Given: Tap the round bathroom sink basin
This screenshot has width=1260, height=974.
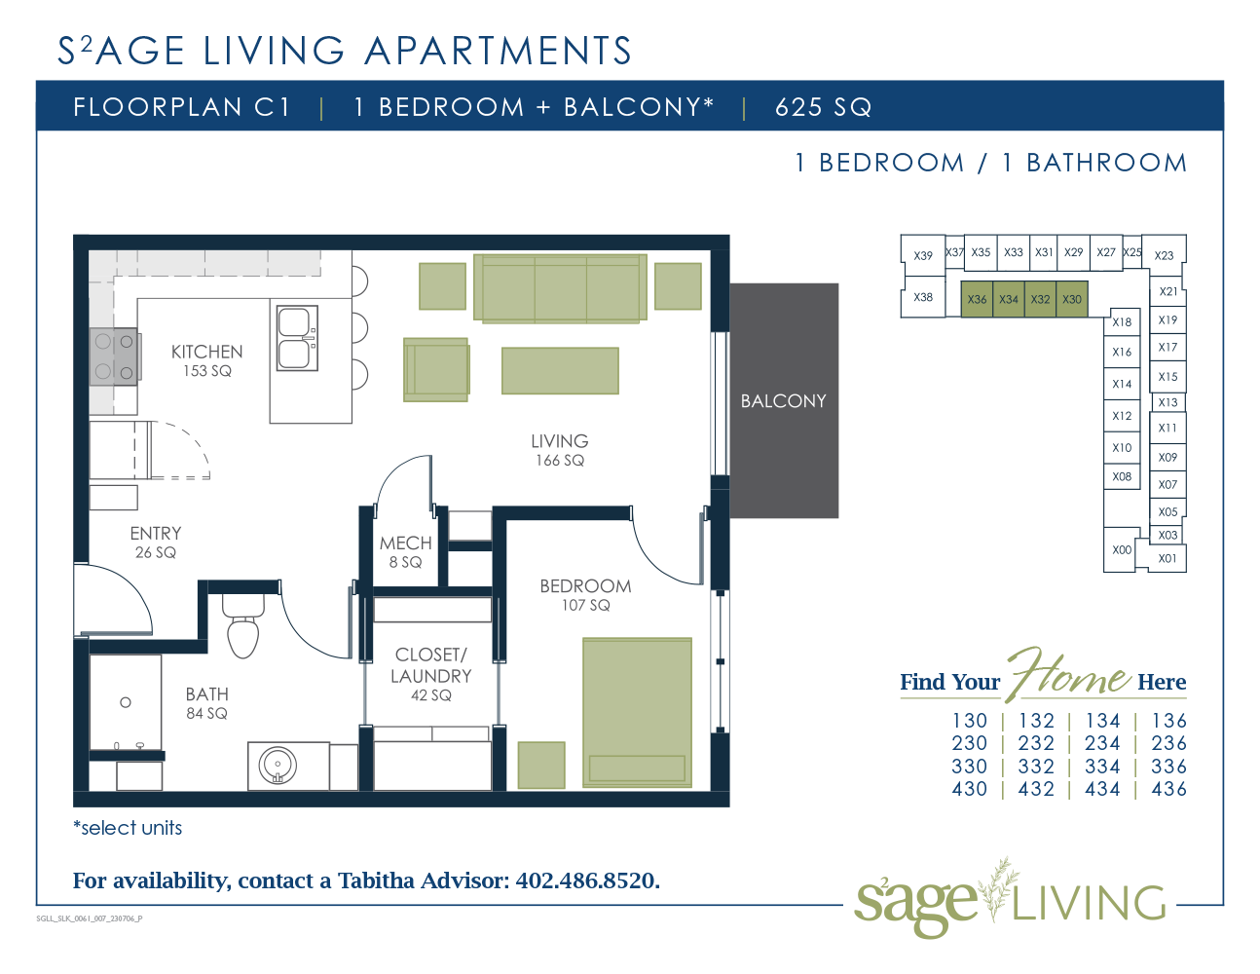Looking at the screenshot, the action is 278,766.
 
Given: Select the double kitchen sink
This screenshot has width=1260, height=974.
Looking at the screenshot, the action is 297,338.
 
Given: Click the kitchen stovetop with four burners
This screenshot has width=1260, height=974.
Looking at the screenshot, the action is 114,356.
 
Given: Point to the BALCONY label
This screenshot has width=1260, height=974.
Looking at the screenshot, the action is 784,400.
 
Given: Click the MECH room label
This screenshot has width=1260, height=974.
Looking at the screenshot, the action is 405,543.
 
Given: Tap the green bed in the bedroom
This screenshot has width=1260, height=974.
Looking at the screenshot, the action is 637,713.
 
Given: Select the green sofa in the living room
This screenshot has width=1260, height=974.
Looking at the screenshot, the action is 560,287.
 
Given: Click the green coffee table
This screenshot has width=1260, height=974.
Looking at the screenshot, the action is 560,370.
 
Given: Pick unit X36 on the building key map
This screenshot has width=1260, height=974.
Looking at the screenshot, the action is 977,299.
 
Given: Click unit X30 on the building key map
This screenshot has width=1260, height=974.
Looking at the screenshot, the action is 1072,299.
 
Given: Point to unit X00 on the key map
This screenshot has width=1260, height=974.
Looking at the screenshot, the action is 1122,549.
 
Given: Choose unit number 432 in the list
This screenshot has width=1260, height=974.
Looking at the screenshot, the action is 1036,789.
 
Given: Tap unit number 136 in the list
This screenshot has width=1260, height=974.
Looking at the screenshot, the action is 1169,721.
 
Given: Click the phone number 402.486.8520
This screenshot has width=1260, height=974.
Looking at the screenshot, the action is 587,880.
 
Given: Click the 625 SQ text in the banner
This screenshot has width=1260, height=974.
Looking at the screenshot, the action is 824,107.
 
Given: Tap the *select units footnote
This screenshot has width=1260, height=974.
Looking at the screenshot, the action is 128,828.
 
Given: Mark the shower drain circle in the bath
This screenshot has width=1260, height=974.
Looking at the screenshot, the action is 126,702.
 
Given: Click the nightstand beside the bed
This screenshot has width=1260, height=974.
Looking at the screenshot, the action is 541,766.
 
